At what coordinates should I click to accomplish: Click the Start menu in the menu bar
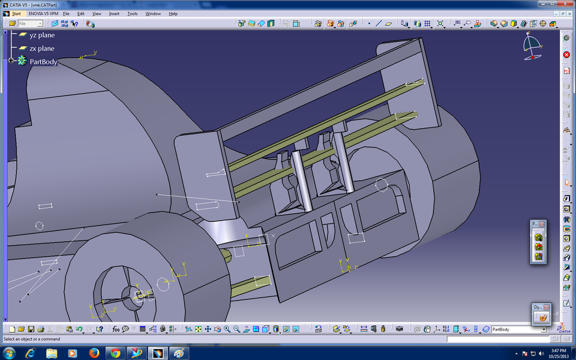point(16,13)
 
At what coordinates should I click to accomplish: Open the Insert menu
point(114,13)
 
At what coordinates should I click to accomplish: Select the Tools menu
point(133,13)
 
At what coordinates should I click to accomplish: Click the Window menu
point(153,13)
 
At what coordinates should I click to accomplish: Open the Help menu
point(173,13)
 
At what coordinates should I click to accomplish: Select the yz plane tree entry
point(41,35)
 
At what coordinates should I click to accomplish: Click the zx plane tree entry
point(41,48)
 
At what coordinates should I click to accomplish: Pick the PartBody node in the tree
point(43,61)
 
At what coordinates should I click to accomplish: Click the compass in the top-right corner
point(532,45)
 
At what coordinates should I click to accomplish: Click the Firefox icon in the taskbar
point(94,353)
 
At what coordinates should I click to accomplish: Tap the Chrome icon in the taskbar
point(115,353)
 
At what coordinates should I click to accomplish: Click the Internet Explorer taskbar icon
point(30,353)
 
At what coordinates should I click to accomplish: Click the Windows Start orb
point(10,353)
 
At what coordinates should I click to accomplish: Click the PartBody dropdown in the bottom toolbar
point(519,329)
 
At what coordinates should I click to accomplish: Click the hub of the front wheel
point(133,294)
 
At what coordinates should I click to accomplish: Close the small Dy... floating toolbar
point(547,307)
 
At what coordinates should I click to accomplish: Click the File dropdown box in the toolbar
point(30,23)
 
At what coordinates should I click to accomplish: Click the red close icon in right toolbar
point(566,55)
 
